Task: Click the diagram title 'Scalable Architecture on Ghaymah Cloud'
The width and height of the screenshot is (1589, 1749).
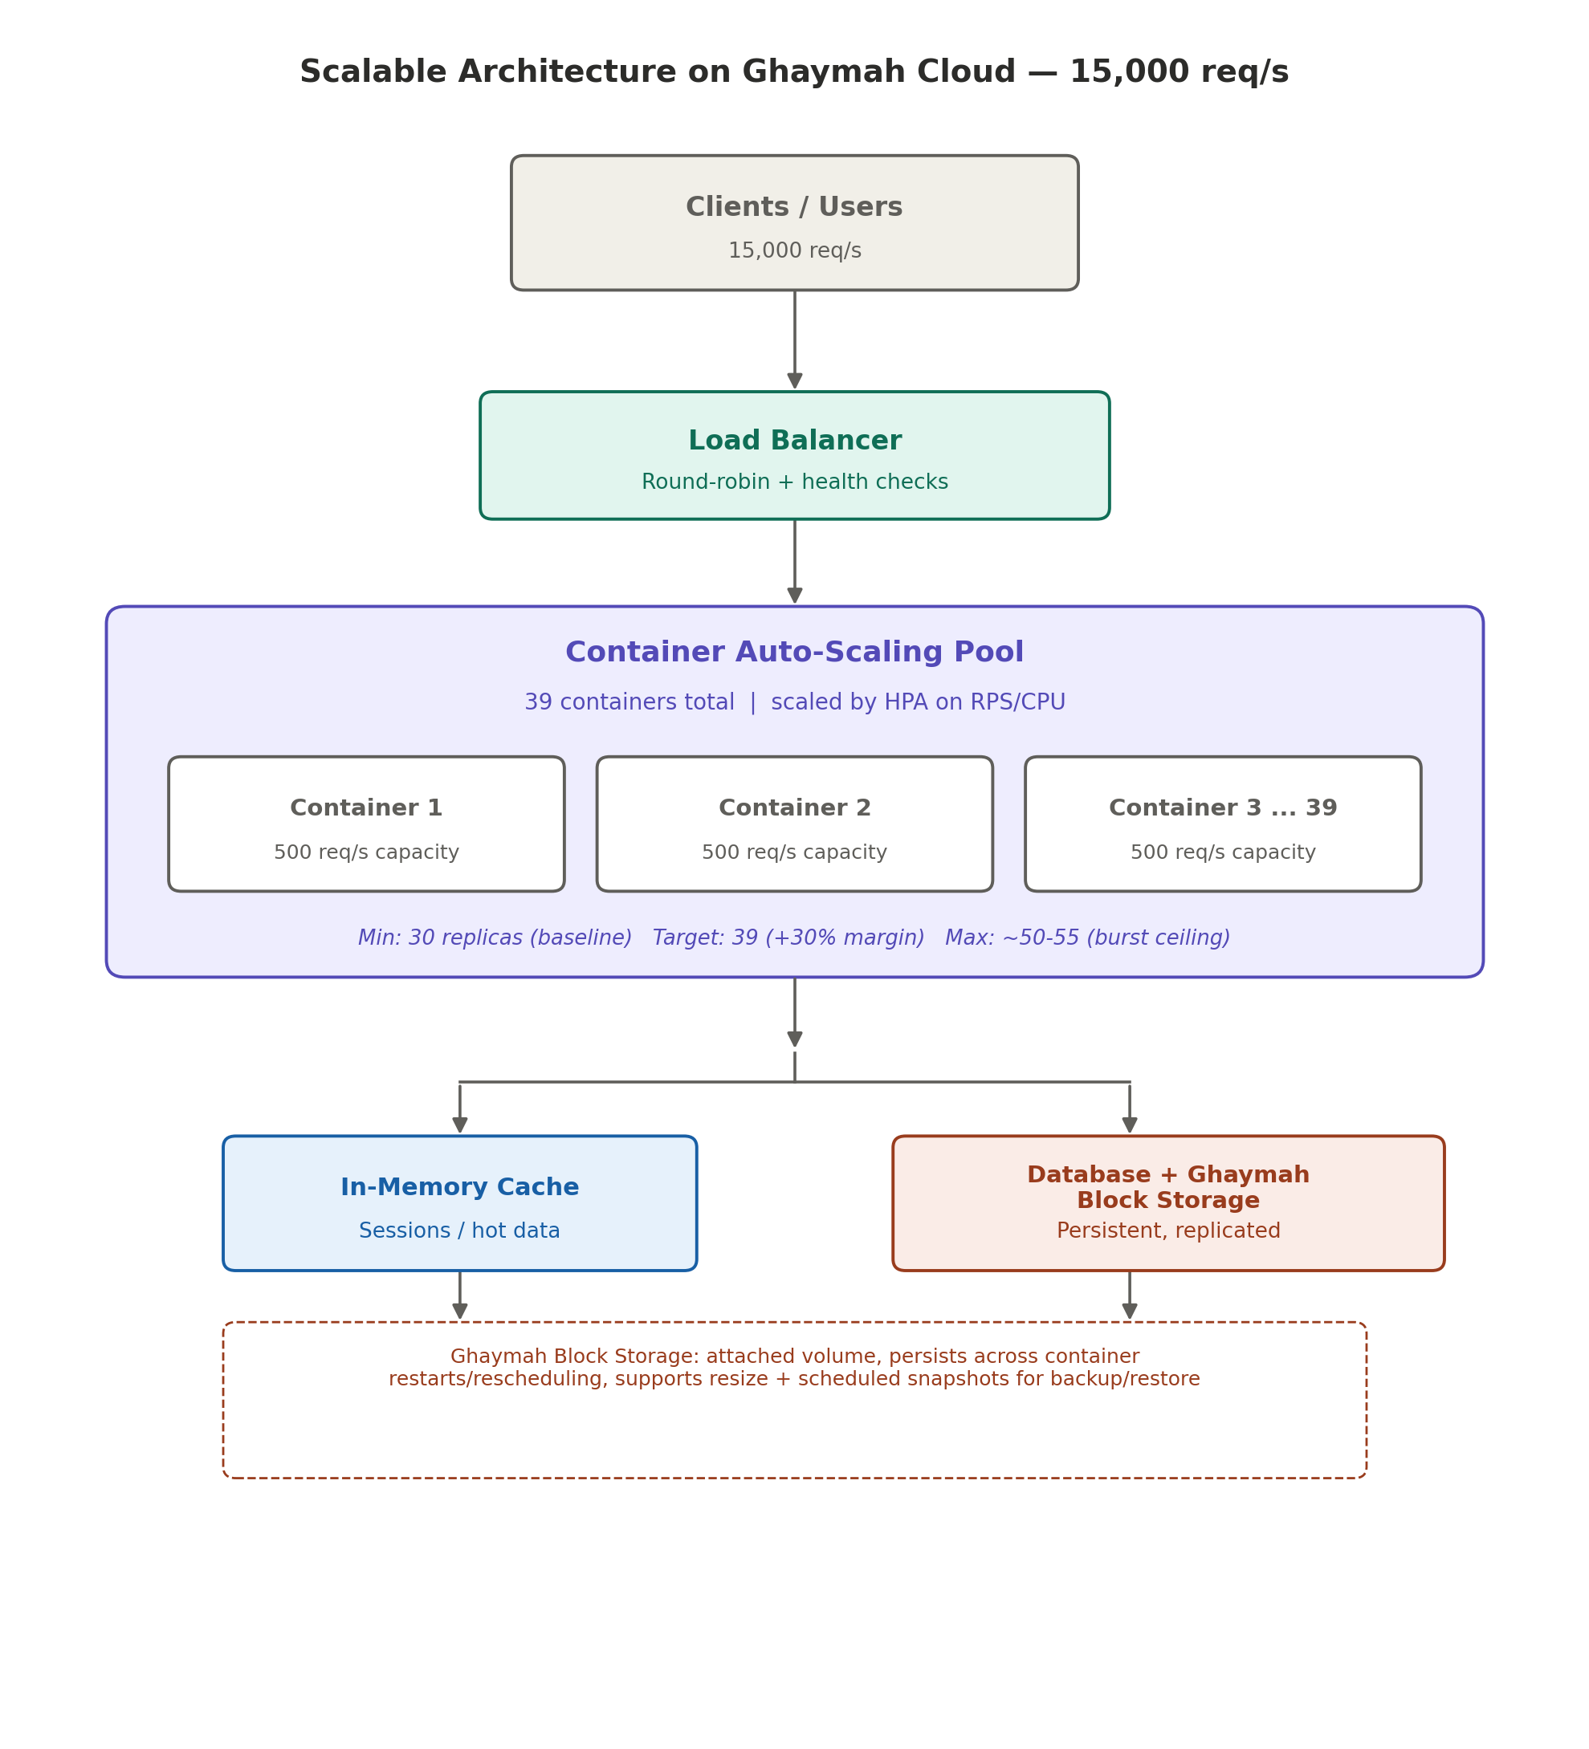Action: (x=657, y=72)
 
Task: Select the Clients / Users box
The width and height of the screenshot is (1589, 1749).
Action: (x=794, y=223)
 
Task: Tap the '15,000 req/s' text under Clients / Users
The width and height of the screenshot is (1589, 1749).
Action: (x=794, y=250)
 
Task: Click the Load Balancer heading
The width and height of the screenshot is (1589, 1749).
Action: (x=794, y=441)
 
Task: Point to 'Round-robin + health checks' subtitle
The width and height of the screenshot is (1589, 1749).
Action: (x=794, y=482)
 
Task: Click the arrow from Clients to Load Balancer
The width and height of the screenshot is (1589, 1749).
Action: (x=794, y=340)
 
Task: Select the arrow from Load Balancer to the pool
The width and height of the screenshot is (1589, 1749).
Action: (x=794, y=562)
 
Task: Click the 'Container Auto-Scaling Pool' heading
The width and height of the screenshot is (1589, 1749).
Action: (x=794, y=653)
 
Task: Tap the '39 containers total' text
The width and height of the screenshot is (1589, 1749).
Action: (x=629, y=702)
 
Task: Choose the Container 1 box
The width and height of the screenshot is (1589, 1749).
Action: (x=366, y=824)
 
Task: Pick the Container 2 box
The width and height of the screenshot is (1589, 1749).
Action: (x=794, y=824)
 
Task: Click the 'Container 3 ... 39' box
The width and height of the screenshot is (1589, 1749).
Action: (x=1223, y=824)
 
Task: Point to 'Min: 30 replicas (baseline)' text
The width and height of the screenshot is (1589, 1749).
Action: (x=495, y=938)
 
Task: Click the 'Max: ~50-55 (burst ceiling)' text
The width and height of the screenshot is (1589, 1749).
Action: (x=1087, y=938)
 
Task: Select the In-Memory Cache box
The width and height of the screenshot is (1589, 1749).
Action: (x=459, y=1203)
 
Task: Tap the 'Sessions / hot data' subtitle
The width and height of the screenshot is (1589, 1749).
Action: (x=459, y=1231)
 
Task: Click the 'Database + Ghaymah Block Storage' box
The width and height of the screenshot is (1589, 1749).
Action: (x=1168, y=1203)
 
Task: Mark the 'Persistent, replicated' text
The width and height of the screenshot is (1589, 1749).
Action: (x=1168, y=1231)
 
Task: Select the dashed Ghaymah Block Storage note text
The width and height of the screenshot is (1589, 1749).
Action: (x=794, y=1369)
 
